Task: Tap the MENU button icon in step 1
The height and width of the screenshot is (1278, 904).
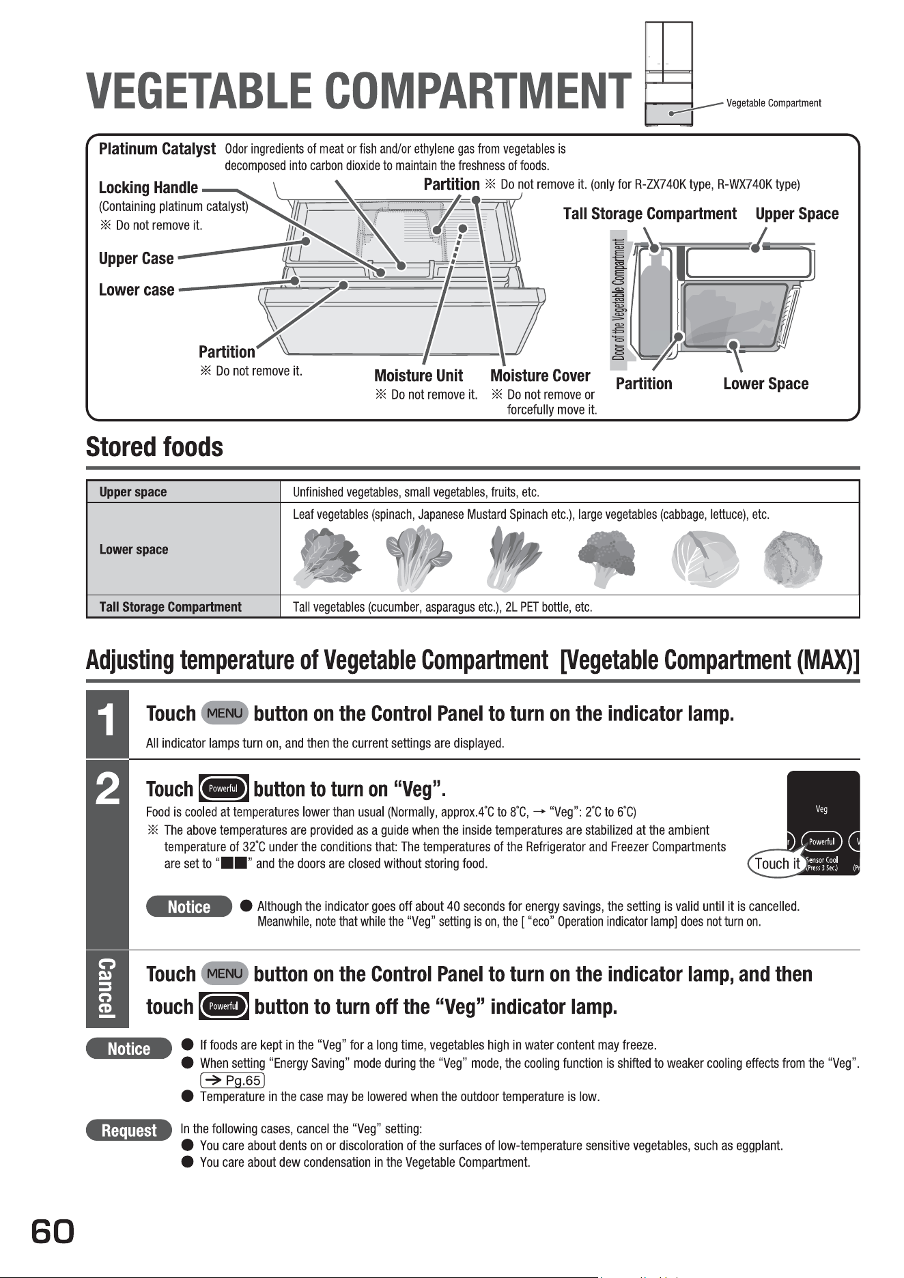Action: point(225,713)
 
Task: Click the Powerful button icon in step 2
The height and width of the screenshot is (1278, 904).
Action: point(223,789)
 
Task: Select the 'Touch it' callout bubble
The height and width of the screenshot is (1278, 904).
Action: point(776,864)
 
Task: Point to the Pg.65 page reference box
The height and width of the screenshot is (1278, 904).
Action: point(232,1080)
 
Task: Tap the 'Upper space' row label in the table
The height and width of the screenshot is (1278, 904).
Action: point(133,492)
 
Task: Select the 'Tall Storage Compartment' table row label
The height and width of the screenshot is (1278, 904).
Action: point(171,607)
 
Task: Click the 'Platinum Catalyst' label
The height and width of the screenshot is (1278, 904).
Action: point(157,149)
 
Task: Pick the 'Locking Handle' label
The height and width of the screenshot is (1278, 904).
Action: point(148,188)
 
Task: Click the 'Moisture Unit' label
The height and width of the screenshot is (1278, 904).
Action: point(419,375)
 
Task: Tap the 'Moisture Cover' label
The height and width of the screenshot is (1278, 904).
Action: point(540,375)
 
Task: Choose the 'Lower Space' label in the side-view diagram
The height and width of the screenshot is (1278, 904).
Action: point(765,384)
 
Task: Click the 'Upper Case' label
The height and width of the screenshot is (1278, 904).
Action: point(136,259)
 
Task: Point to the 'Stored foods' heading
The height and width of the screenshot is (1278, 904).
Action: point(154,447)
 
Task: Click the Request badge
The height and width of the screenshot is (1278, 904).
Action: point(129,1131)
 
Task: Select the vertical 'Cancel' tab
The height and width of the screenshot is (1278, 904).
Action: point(107,989)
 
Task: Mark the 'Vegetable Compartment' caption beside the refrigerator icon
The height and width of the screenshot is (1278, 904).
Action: point(774,103)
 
